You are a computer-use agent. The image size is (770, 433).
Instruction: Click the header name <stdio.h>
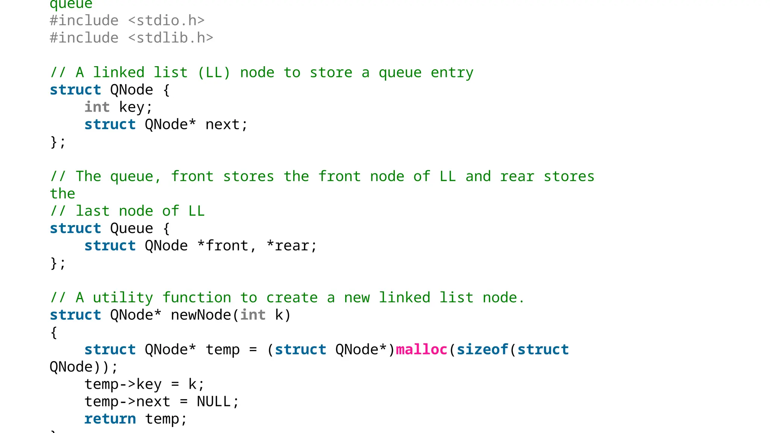(167, 21)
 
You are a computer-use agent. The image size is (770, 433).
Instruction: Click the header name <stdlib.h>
(171, 38)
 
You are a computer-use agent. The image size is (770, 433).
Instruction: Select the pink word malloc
(421, 350)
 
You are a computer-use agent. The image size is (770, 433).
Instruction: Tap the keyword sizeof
(482, 350)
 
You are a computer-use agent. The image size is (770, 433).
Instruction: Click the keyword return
(110, 419)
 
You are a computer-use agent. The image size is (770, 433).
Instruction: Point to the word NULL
(214, 401)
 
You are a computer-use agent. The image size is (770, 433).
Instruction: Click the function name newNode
(201, 315)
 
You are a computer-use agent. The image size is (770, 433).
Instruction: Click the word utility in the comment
(123, 298)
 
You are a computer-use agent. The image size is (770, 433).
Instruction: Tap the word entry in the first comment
(452, 73)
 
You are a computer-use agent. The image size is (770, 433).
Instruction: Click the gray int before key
(97, 107)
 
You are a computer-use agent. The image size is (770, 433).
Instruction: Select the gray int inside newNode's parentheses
(253, 315)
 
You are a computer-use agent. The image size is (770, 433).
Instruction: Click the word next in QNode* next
(222, 124)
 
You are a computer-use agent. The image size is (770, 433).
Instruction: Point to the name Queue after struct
(132, 229)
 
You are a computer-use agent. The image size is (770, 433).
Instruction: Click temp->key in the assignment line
(123, 384)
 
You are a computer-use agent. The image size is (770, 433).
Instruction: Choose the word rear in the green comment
(517, 176)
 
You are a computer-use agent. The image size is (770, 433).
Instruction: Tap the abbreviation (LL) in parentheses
(214, 73)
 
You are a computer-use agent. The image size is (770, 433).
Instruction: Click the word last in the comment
(92, 211)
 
